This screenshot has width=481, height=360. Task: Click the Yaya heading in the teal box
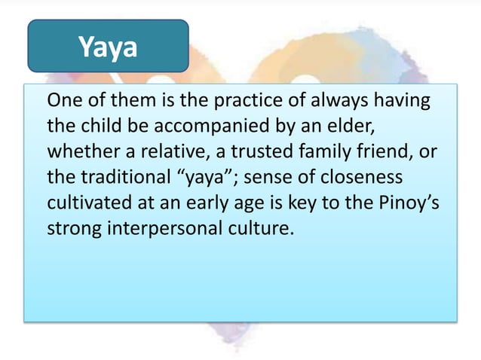pos(109,47)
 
